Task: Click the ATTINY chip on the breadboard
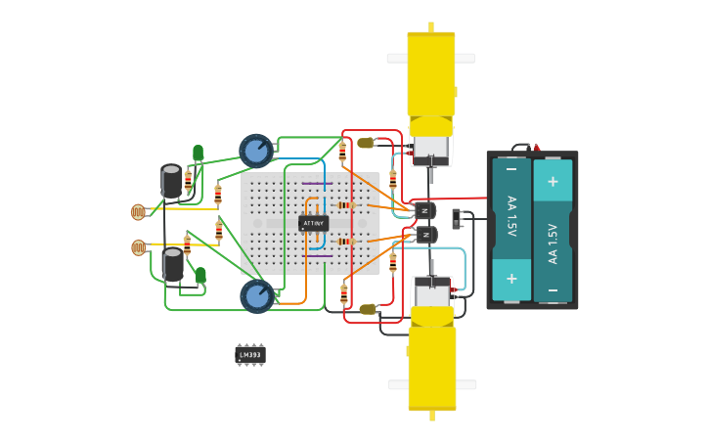[x=313, y=223]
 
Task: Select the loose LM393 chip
[x=250, y=354]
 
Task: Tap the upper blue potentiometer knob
[x=256, y=151]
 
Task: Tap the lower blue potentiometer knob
[x=257, y=295]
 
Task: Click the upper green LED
[x=198, y=153]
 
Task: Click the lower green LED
[x=200, y=276]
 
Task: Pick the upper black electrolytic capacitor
[x=172, y=182]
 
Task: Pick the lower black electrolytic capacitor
[x=173, y=265]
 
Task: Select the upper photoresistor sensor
[x=138, y=211]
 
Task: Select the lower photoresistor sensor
[x=138, y=247]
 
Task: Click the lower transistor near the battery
[x=426, y=235]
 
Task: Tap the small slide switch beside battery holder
[x=458, y=219]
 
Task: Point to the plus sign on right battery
[x=553, y=181]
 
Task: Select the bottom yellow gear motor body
[x=431, y=367]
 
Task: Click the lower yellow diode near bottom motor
[x=368, y=309]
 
